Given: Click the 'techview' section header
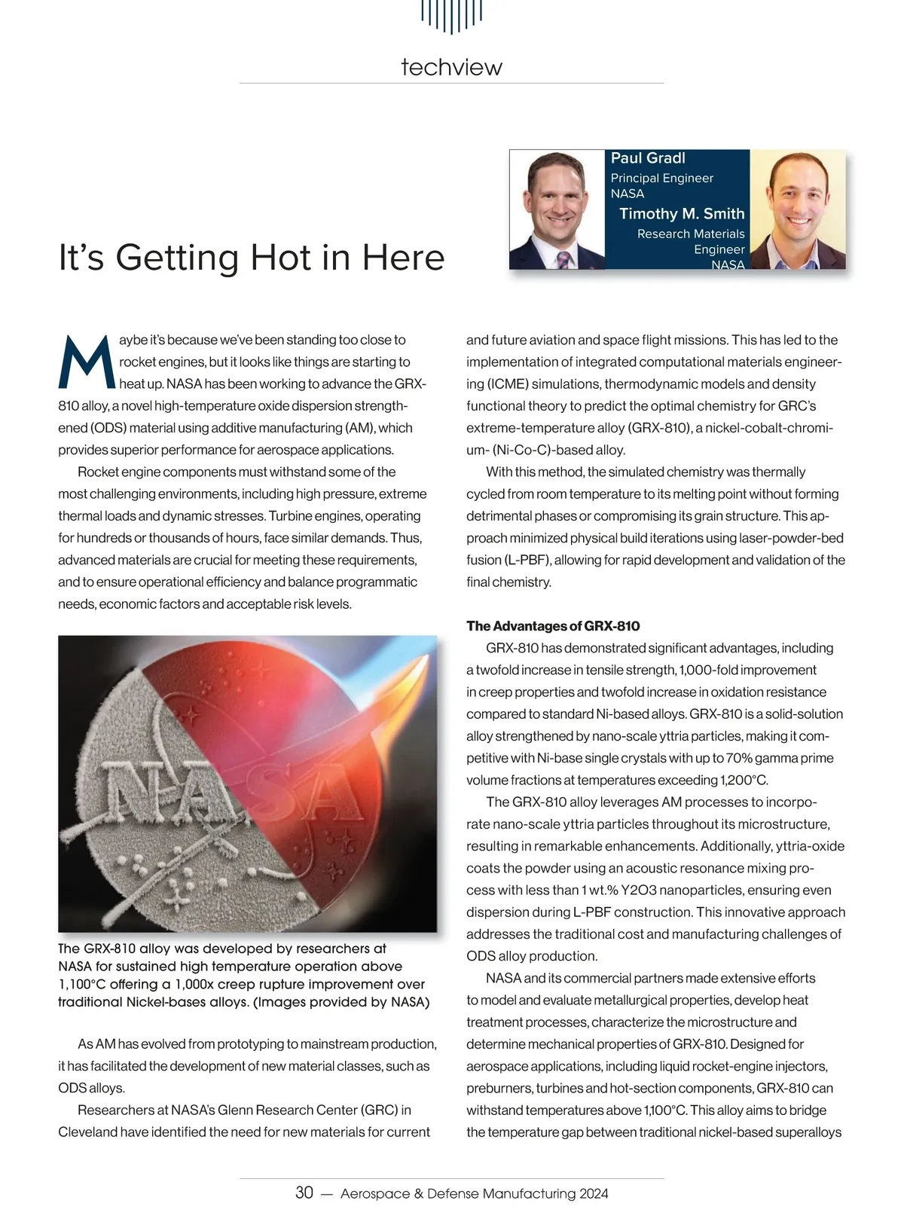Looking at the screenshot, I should (x=451, y=67).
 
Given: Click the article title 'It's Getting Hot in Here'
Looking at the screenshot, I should (x=252, y=257).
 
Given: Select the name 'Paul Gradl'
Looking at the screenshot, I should (x=648, y=158).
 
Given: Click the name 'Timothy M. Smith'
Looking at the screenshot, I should (x=682, y=214).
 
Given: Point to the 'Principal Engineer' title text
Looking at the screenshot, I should (x=661, y=178).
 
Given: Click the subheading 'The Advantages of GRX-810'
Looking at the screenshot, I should (x=553, y=626).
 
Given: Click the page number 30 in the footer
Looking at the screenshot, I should (x=304, y=1193).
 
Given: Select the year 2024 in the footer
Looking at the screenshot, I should (x=594, y=1193).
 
